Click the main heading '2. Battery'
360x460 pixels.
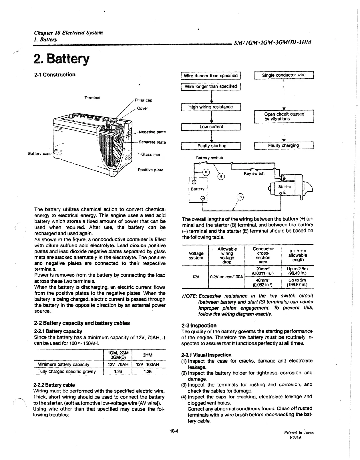61,59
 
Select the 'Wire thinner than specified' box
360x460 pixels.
211,76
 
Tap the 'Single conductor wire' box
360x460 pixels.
284,75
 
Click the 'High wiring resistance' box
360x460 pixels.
211,107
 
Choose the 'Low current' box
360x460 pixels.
211,126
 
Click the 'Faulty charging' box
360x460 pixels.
284,145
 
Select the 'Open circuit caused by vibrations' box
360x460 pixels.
284,116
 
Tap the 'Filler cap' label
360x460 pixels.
143,100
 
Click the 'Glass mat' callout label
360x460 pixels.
150,154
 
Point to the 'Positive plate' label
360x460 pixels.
150,170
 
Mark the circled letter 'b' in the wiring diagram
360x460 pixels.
241,197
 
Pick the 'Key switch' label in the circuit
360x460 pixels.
254,174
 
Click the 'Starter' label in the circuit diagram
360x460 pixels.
285,187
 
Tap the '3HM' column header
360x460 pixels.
148,355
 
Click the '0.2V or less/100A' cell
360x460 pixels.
226,277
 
